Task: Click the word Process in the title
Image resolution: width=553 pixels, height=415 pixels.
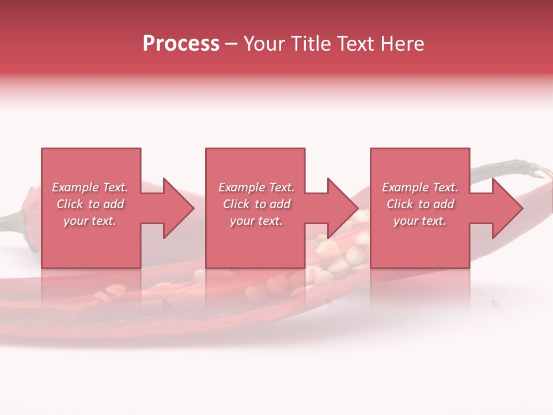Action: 181,44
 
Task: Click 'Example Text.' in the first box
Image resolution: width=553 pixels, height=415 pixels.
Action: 90,187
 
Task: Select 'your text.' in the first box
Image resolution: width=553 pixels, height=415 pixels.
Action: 90,221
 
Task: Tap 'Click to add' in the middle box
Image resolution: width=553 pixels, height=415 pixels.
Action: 256,204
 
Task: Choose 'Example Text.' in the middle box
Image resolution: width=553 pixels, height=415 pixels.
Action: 256,187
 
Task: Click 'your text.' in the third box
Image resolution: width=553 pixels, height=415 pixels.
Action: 420,221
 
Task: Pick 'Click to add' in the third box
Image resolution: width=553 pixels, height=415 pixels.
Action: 420,204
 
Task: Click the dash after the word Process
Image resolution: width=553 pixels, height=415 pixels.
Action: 232,44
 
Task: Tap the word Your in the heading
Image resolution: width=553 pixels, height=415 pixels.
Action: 263,44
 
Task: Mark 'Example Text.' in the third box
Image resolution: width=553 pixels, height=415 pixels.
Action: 420,187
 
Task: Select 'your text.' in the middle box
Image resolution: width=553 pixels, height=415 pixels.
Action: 256,221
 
